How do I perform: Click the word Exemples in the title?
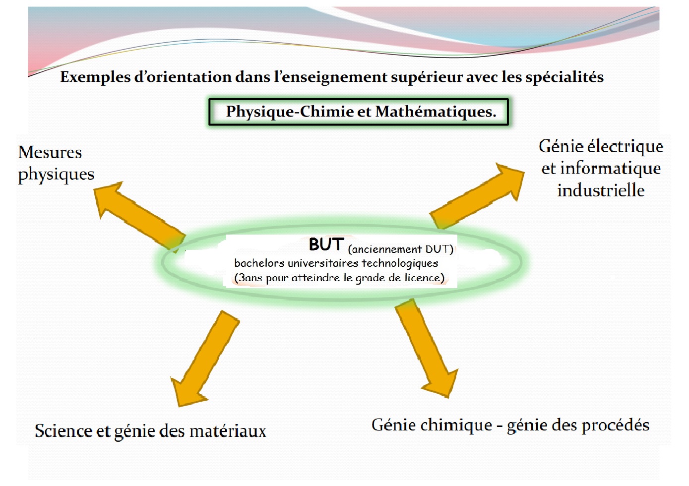95,77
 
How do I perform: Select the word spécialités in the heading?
564,77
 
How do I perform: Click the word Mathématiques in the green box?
436,112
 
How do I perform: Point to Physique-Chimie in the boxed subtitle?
290,112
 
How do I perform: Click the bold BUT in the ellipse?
326,244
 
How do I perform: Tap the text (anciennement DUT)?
401,249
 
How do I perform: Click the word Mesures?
50,153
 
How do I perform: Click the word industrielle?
601,190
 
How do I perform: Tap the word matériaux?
228,431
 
